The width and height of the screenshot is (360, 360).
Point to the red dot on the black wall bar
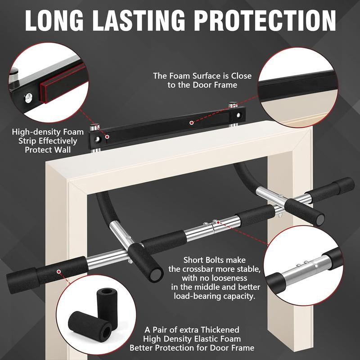(x=192, y=122)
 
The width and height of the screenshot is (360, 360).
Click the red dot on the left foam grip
(x=59, y=272)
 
